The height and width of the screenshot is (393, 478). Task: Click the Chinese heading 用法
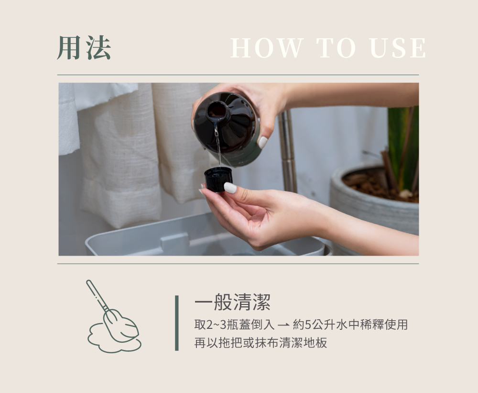pos(84,47)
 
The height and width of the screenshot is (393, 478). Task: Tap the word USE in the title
pos(398,48)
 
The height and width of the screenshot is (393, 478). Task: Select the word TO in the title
pos(336,48)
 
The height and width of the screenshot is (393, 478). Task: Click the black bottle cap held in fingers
pos(218,179)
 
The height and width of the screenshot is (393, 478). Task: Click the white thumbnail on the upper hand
pos(262,142)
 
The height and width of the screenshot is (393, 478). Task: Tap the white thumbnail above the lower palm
pos(230,188)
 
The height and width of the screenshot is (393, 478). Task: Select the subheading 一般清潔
pos(232,302)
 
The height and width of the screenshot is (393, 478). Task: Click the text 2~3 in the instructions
pos(216,325)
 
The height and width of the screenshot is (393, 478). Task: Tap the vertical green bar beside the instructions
pos(177,323)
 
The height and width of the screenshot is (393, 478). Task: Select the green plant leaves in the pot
pos(402,146)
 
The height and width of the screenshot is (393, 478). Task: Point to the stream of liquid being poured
pos(217,144)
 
